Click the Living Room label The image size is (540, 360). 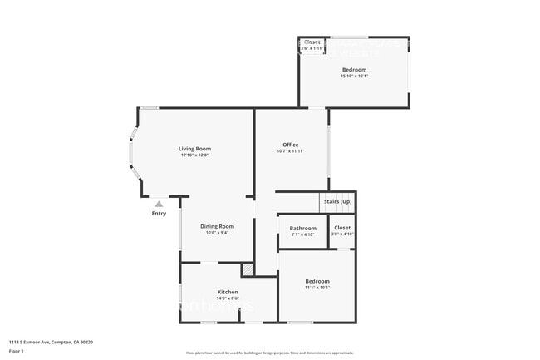194,149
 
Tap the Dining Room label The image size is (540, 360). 216,226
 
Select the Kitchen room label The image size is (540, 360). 228,292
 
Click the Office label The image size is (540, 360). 290,145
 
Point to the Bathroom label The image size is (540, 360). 302,228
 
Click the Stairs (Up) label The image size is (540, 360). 337,201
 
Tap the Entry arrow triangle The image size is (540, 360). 159,204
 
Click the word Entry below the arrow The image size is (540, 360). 159,214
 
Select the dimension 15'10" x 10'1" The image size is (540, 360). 354,76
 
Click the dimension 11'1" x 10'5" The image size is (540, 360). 317,288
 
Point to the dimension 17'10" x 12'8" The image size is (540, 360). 194,155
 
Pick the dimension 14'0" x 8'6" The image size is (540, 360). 228,298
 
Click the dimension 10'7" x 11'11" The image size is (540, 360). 290,151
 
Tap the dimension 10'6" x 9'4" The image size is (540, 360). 216,233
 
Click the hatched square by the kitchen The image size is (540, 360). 248,269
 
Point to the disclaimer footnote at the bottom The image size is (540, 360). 270,353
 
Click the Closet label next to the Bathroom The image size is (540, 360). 342,228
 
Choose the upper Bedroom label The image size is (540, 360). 354,70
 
